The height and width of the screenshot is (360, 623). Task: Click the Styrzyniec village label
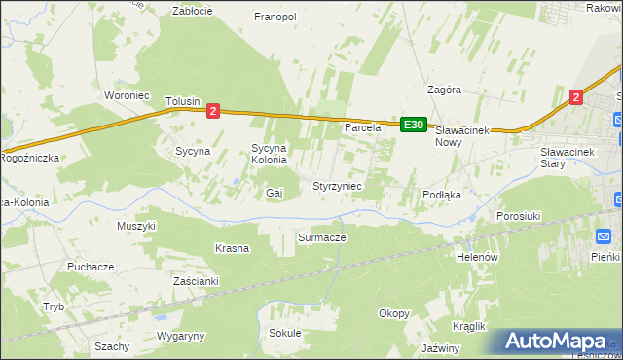[x=337, y=185]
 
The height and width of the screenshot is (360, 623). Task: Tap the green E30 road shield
[x=413, y=125]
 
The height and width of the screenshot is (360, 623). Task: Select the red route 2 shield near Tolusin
[x=213, y=112]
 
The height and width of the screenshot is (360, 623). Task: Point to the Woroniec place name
[x=126, y=95]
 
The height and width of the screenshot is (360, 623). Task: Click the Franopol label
[x=275, y=17]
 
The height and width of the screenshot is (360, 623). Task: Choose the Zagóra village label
[x=443, y=90]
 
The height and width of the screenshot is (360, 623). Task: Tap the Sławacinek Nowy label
[x=460, y=135]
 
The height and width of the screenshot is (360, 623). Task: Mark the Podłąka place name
[x=441, y=195]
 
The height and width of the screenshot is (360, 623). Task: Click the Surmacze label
[x=321, y=236]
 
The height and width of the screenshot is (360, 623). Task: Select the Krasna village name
[x=232, y=248]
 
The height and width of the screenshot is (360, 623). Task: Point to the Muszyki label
[x=136, y=226]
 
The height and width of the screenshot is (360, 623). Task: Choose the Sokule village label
[x=285, y=333]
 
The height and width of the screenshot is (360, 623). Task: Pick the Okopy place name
[x=394, y=313]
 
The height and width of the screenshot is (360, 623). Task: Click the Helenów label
[x=477, y=257]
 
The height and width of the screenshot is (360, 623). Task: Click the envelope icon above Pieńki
[x=603, y=236]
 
